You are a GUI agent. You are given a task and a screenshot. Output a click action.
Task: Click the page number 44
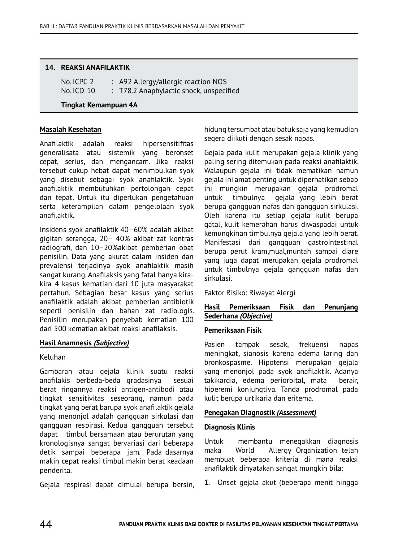point(46,524)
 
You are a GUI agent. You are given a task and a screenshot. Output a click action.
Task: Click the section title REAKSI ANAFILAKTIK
point(95,67)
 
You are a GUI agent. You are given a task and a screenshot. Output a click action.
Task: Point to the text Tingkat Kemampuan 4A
point(99,105)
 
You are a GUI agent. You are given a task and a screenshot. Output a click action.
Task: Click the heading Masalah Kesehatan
point(70,129)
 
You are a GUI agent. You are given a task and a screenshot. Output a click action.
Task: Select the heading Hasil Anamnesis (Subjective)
point(84,343)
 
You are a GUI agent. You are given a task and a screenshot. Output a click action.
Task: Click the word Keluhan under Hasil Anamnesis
point(53,357)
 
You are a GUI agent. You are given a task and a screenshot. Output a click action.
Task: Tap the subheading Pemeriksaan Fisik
point(233,330)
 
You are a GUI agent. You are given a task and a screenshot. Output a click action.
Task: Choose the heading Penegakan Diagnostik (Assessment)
point(260,412)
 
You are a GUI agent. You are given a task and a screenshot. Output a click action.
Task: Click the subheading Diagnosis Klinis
point(229,427)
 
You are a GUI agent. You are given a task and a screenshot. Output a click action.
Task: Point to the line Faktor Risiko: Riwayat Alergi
point(249,293)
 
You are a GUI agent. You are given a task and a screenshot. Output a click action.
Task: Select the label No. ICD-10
point(78,91)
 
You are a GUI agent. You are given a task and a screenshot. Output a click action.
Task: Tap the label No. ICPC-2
point(77,82)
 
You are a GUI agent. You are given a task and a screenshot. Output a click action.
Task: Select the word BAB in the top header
point(44,26)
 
